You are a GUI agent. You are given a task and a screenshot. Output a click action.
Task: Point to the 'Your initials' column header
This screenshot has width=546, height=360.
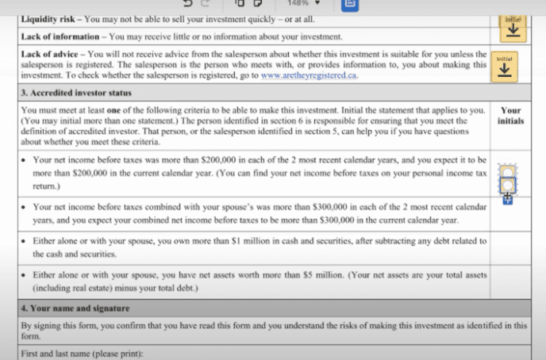pos(510,115)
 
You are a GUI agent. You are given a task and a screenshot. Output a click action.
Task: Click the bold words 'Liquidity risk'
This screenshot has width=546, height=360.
pos(48,17)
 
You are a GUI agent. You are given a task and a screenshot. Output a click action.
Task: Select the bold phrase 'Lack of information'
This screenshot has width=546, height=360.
pos(62,36)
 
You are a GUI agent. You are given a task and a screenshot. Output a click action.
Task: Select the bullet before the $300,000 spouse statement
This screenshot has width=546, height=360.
pos(25,206)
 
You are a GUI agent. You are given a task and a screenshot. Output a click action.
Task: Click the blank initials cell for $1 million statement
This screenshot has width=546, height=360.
pos(510,247)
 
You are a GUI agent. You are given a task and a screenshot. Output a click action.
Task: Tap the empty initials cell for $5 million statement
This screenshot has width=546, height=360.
pos(510,281)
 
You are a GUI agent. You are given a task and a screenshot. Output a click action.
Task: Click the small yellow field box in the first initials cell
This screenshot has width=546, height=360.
pos(506,170)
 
